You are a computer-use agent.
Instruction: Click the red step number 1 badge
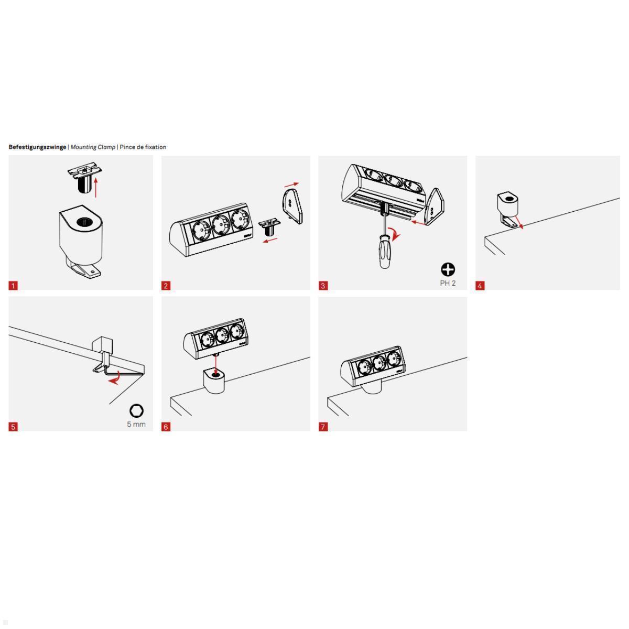tap(13, 286)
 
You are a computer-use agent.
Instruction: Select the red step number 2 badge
tap(166, 286)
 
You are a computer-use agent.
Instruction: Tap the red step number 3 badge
tap(323, 286)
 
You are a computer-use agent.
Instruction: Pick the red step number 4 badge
tap(480, 286)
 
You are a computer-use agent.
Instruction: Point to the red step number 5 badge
tap(13, 427)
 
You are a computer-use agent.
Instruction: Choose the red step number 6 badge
tap(166, 427)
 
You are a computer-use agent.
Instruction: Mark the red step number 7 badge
tap(323, 427)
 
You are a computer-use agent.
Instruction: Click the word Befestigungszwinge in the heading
tap(37, 147)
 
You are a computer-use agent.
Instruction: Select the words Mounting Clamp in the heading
tap(93, 147)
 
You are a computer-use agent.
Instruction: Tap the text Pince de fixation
tap(143, 147)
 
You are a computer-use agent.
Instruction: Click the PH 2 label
tap(448, 283)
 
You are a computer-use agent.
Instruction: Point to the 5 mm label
tap(136, 424)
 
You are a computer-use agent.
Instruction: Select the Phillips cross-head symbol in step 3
tap(448, 269)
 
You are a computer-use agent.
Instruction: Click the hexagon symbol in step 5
tap(136, 410)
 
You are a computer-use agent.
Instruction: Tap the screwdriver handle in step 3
tap(386, 252)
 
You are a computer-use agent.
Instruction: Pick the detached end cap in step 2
tap(292, 207)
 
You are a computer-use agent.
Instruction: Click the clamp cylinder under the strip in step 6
tap(215, 381)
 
